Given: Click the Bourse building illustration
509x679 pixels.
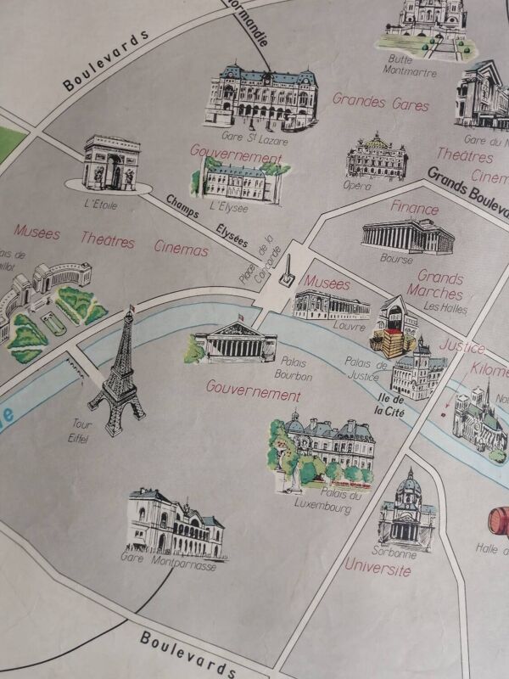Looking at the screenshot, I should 407,235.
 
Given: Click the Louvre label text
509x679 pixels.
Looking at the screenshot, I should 349,326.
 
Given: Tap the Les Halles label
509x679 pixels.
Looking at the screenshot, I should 445,307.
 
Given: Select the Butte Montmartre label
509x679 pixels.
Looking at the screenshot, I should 412,65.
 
